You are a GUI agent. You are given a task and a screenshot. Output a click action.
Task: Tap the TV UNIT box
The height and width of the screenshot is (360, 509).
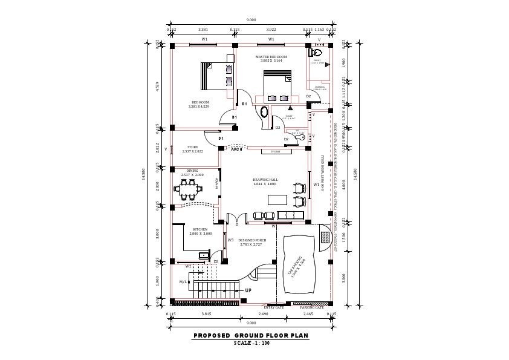pyautogui.click(x=275, y=151)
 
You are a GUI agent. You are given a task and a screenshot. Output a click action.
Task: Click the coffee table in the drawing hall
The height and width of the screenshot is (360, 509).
pyautogui.click(x=277, y=200)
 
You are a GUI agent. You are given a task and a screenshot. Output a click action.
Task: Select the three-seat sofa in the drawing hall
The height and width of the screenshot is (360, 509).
pyautogui.click(x=290, y=215)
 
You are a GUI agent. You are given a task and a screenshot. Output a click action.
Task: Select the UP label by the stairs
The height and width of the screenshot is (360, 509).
pyautogui.click(x=248, y=291)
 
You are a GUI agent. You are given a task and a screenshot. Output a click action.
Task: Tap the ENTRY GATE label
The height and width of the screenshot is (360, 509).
pyautogui.click(x=274, y=307)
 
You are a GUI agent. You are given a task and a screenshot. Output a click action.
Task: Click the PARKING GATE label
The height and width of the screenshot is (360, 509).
pyautogui.click(x=312, y=307)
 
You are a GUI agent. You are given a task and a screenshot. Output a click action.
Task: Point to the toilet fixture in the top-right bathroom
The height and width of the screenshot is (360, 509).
pyautogui.click(x=320, y=52)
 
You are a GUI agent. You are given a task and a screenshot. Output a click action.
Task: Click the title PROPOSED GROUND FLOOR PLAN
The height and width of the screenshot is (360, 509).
pyautogui.click(x=251, y=335)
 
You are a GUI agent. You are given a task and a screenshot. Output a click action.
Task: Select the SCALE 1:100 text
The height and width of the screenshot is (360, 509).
pyautogui.click(x=251, y=343)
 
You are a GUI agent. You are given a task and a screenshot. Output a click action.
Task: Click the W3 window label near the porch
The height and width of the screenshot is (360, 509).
pyautogui.click(x=231, y=240)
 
